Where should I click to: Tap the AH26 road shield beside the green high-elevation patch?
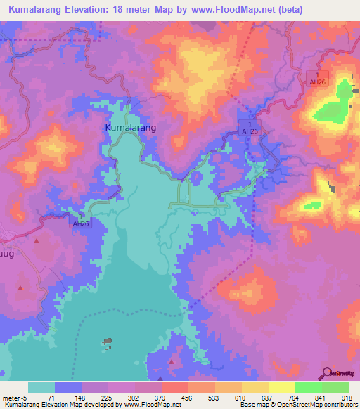320,82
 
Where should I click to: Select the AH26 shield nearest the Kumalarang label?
249,131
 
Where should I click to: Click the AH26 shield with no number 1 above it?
81,223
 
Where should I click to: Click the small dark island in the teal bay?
108,342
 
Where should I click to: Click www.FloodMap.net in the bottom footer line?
151,405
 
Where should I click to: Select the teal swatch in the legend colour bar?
41,387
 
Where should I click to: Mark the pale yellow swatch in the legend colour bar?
282,387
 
